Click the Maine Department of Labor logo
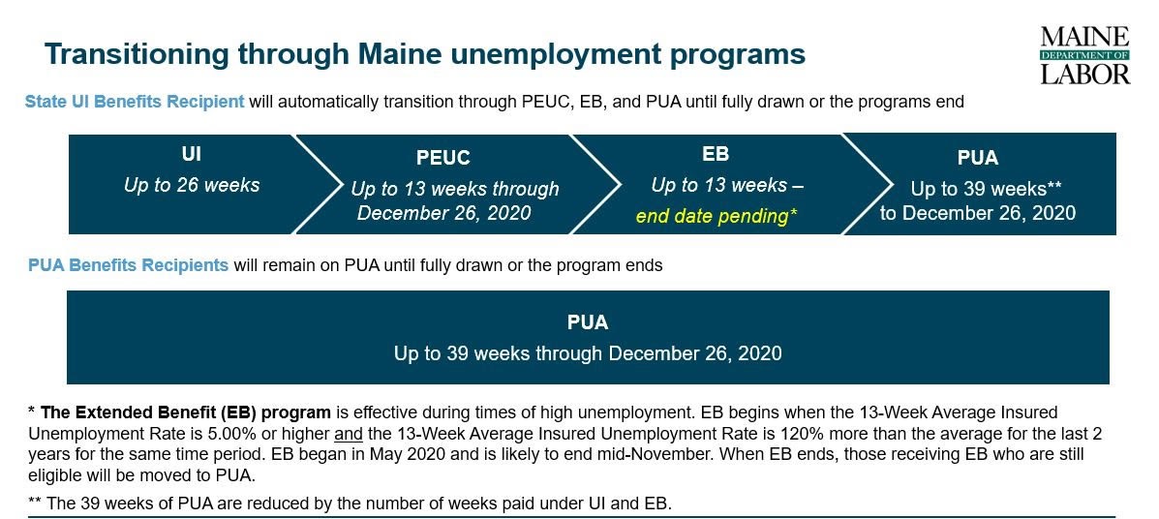coord(1085,55)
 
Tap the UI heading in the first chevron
coord(192,154)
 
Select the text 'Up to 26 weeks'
coord(192,185)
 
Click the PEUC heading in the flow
coord(442,158)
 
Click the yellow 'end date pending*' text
coord(717,217)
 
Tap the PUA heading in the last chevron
coord(977,158)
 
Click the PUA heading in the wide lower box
coord(588,322)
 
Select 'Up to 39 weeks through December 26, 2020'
coord(588,353)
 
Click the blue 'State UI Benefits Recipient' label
coord(135,102)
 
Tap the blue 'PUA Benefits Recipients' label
coord(128,264)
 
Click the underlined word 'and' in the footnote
coord(349,433)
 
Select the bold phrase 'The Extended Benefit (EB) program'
coord(186,412)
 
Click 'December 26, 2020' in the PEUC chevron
coord(444,213)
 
